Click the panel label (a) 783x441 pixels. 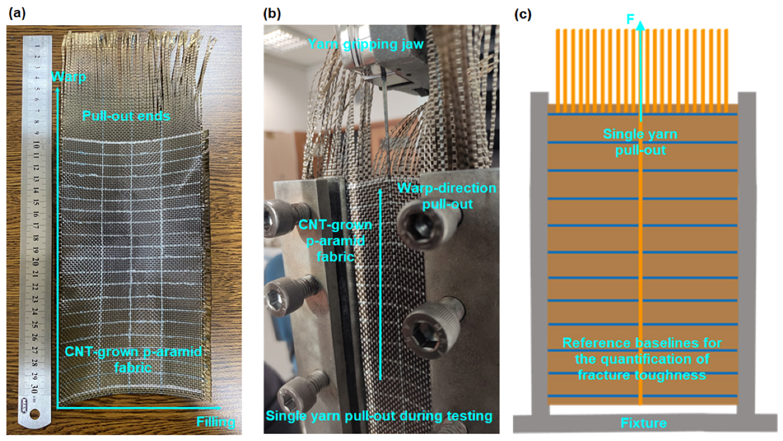click(x=17, y=14)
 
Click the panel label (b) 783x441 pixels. click(x=272, y=14)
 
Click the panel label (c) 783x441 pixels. click(x=522, y=14)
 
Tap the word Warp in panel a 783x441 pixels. click(x=69, y=77)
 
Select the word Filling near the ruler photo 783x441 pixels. click(x=216, y=421)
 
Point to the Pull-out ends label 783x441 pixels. click(x=126, y=116)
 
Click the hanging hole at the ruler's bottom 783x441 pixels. click(x=34, y=414)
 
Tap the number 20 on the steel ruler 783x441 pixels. click(x=36, y=261)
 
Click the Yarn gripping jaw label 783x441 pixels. click(x=365, y=44)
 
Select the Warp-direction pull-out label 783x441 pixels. click(x=447, y=196)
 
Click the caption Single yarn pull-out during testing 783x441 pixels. click(x=379, y=416)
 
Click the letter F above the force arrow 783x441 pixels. click(x=630, y=20)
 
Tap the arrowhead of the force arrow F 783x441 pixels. click(x=640, y=25)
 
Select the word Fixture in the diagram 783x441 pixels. click(x=644, y=423)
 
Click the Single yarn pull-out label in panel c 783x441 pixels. click(x=640, y=142)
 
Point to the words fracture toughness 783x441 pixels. click(x=642, y=375)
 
